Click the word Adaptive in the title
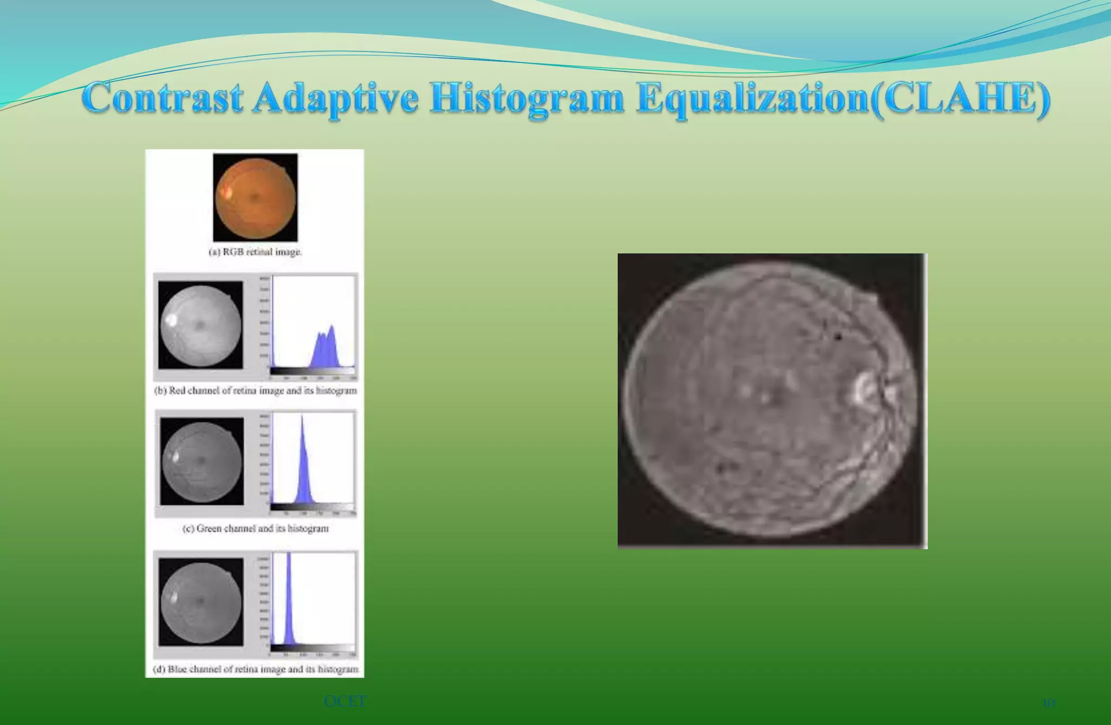click(335, 99)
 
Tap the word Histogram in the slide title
click(526, 99)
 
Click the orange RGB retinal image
click(255, 198)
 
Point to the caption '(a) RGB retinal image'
click(255, 252)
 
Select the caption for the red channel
click(256, 391)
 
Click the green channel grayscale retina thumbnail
click(202, 462)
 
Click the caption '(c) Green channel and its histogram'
click(256, 529)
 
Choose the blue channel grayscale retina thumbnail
click(201, 602)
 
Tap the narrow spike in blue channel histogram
click(289, 597)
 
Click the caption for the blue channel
click(256, 670)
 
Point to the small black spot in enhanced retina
click(838, 337)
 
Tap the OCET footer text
click(345, 702)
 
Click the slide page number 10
click(1048, 703)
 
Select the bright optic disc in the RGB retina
click(224, 192)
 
